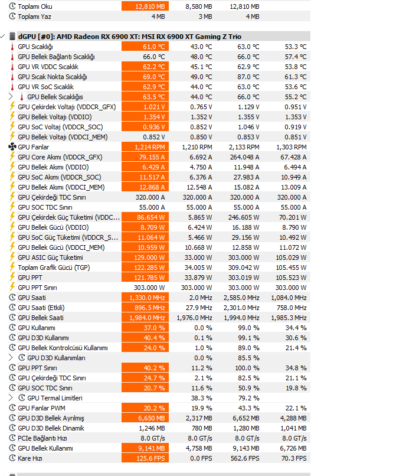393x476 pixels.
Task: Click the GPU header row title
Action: (129, 37)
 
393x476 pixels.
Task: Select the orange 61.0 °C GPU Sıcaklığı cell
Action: (145, 47)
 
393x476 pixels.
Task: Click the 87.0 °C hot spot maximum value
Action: (248, 77)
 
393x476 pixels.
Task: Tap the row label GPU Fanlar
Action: (34, 147)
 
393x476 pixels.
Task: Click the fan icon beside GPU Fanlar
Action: (12, 147)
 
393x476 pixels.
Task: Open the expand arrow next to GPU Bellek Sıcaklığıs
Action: (11, 96)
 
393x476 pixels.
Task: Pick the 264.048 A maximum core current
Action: (244, 157)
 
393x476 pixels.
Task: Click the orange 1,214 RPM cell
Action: (145, 147)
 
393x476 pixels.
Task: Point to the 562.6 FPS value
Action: (245, 458)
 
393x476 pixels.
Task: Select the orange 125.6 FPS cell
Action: (145, 458)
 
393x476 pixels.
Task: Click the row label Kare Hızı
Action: (30, 458)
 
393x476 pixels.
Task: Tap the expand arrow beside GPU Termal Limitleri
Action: (11, 397)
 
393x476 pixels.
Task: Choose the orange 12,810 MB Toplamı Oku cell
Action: (145, 6)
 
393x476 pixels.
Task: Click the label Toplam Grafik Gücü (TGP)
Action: (54, 268)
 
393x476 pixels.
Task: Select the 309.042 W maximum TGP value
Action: (244, 268)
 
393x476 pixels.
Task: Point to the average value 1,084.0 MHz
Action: (289, 298)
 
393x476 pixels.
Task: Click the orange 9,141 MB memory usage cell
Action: (145, 448)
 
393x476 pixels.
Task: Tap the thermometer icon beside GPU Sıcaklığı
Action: (12, 47)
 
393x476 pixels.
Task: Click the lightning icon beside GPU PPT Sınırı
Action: (12, 287)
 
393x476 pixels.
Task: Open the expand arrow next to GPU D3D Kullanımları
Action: (11, 358)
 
